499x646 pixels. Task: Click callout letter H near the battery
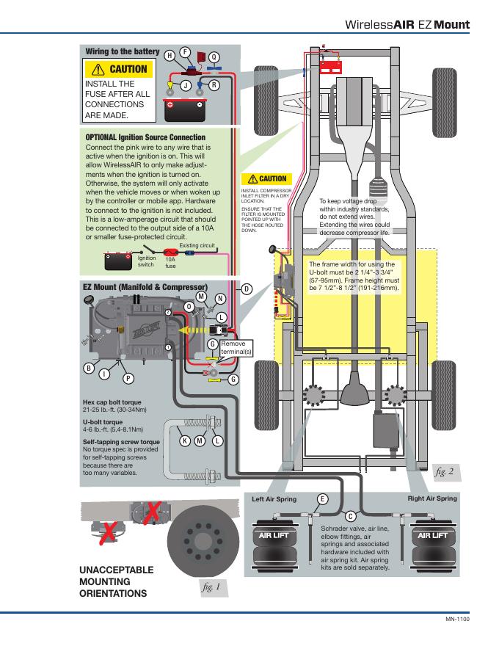click(170, 56)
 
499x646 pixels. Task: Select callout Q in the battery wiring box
click(214, 57)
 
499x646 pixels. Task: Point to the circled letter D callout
click(247, 288)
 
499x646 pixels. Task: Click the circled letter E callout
click(322, 499)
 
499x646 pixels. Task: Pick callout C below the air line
click(350, 517)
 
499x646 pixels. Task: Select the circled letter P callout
click(128, 378)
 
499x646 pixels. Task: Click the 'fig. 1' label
click(212, 587)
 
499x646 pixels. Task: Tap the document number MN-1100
click(457, 620)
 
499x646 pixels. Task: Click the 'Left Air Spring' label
click(274, 499)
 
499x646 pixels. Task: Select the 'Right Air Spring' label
click(431, 498)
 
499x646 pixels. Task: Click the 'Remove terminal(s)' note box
click(236, 347)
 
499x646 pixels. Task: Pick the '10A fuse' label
click(170, 262)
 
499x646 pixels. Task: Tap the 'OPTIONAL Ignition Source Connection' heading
click(145, 137)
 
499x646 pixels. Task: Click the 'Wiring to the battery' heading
click(123, 51)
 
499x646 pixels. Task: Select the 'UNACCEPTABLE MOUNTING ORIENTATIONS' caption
click(116, 581)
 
